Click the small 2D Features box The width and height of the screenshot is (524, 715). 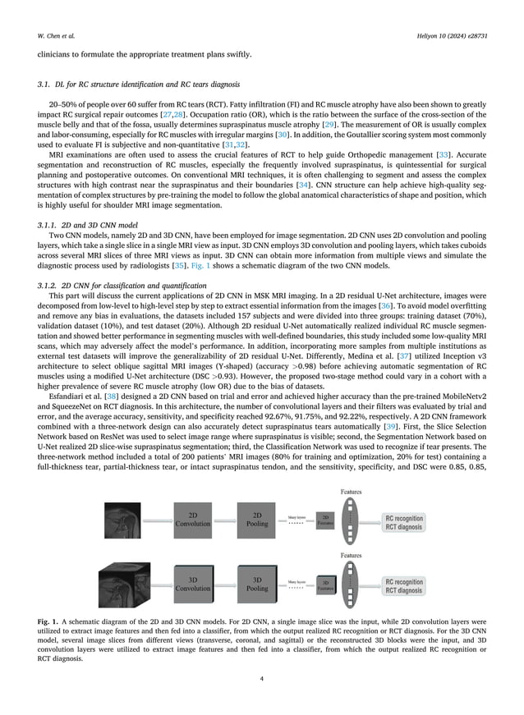(x=325, y=519)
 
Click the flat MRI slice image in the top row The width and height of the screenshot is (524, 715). (x=120, y=519)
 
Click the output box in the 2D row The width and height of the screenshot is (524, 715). (x=404, y=523)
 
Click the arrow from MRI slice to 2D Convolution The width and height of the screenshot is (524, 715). (x=153, y=519)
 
